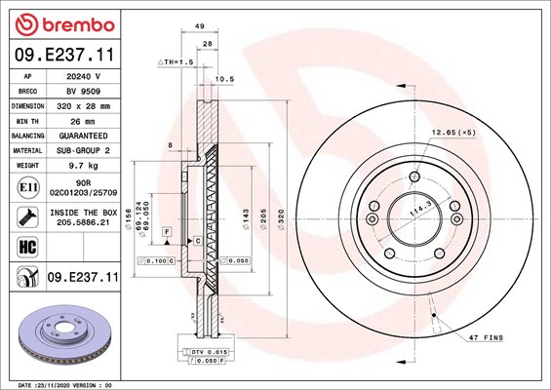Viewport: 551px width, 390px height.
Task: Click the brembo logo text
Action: pyautogui.click(x=78, y=25)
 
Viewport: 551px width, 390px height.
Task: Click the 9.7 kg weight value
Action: pyautogui.click(x=83, y=166)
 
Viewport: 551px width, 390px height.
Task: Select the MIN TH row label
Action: pyautogui.click(x=27, y=122)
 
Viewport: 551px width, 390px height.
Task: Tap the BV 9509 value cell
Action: pyautogui.click(x=83, y=92)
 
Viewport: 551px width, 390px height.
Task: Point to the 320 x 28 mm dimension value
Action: pyautogui.click(x=83, y=106)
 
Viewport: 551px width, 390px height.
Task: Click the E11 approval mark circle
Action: pyautogui.click(x=28, y=187)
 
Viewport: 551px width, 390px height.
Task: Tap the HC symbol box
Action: pyautogui.click(x=27, y=247)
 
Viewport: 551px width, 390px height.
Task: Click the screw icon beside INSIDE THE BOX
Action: pyautogui.click(x=27, y=217)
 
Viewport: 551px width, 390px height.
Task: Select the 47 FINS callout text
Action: pyautogui.click(x=486, y=337)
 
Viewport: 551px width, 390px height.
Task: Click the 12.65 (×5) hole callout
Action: pyautogui.click(x=453, y=133)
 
